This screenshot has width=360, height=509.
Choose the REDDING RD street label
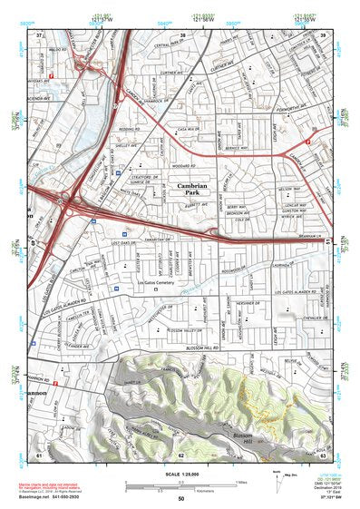(x=128, y=129)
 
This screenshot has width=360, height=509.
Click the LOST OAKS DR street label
(x=122, y=245)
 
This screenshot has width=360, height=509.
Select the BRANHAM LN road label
(x=314, y=239)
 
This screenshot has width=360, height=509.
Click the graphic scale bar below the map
(x=181, y=485)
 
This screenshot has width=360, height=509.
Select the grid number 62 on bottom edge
(x=181, y=455)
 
